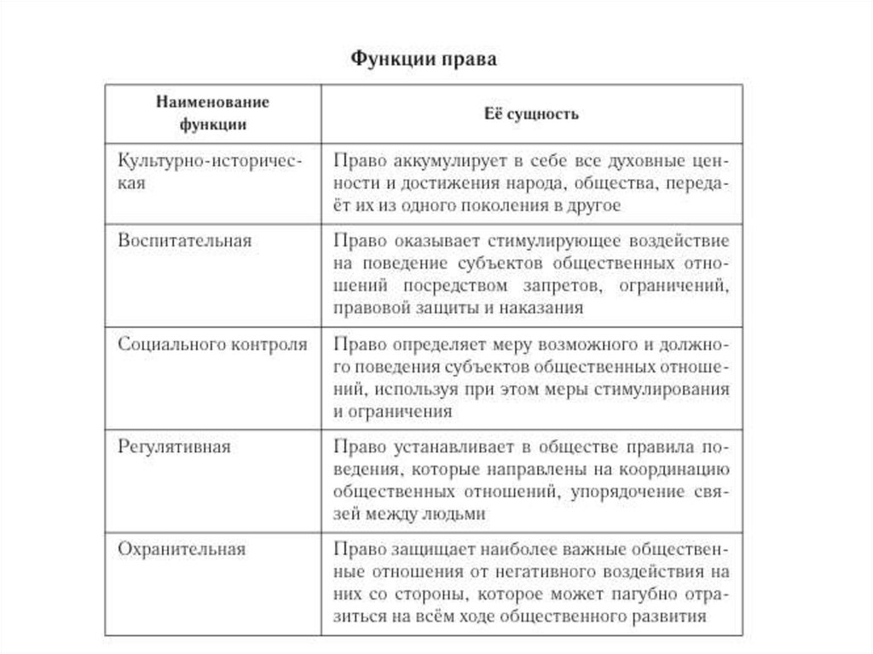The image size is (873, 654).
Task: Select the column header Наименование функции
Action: click(212, 113)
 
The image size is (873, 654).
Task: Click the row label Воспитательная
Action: click(185, 240)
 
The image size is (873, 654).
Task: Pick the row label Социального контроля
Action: click(212, 344)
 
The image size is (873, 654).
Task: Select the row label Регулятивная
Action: click(175, 447)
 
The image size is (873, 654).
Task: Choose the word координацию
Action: click(671, 469)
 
